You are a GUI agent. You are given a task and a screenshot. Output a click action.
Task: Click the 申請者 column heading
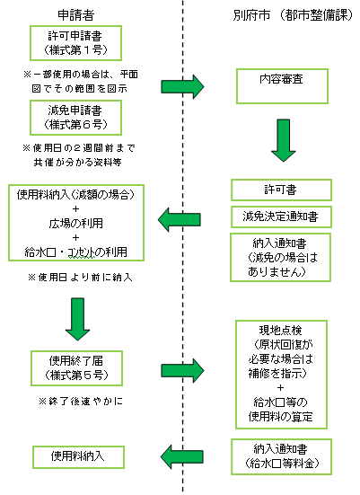click(x=76, y=13)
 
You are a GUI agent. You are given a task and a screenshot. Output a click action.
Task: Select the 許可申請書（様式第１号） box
click(x=76, y=42)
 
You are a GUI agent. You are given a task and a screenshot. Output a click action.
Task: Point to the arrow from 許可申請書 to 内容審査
click(x=182, y=87)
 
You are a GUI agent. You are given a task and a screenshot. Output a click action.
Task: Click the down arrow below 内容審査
click(x=282, y=143)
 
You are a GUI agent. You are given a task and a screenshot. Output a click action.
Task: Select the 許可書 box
click(x=282, y=190)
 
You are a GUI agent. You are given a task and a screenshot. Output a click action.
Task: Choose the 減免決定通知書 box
click(x=282, y=216)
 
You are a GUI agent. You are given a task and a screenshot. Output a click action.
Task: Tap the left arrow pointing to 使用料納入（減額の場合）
click(x=181, y=216)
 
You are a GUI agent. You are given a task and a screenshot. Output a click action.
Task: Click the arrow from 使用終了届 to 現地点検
click(x=182, y=368)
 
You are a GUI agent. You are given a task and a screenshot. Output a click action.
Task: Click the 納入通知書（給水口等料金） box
click(x=282, y=456)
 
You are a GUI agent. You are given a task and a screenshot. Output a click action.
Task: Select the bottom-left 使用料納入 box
click(x=76, y=456)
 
